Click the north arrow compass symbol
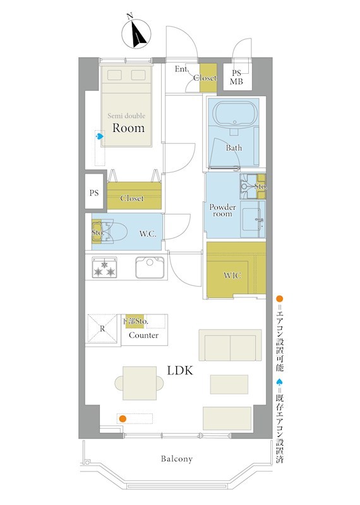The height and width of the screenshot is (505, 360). click(136, 33)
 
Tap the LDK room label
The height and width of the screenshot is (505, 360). click(180, 371)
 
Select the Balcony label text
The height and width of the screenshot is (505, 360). click(177, 459)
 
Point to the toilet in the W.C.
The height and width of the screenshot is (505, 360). click(111, 231)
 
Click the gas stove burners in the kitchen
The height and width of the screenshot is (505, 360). click(104, 267)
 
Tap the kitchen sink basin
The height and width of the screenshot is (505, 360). click(150, 267)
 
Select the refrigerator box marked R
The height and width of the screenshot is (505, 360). click(102, 328)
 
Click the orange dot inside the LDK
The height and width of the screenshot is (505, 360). click(123, 419)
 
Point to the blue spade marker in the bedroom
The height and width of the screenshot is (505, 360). click(100, 136)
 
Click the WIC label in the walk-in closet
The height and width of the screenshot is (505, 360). click(232, 275)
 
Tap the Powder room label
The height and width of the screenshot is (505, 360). click(222, 210)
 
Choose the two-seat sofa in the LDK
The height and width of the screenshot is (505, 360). click(230, 345)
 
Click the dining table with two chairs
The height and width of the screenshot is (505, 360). click(139, 383)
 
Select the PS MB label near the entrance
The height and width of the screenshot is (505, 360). click(237, 78)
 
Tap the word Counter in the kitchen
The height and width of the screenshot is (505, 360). click(144, 335)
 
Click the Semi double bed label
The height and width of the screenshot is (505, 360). click(126, 116)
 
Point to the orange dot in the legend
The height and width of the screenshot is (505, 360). click(279, 299)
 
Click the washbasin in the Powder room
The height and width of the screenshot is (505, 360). click(253, 219)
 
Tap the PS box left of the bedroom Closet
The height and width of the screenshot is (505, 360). click(94, 193)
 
